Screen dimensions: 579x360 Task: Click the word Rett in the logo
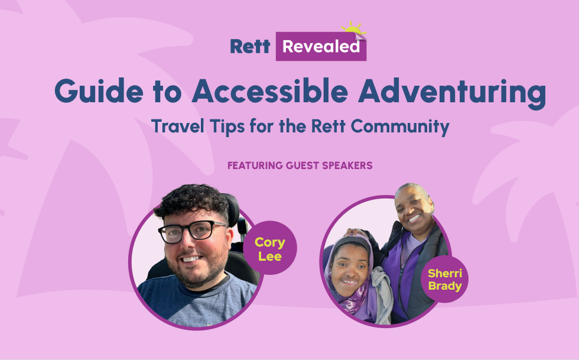coord(250,47)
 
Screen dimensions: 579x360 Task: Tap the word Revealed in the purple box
coord(321,47)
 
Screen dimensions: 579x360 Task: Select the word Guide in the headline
coord(99,91)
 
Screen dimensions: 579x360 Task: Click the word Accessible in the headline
coord(270,91)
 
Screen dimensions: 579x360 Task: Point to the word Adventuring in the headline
coord(452,93)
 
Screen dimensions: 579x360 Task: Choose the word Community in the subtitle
coord(400,127)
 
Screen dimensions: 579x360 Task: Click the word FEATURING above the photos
coord(255,166)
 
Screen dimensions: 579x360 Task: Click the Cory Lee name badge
coord(270,248)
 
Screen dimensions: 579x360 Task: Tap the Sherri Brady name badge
coord(444,279)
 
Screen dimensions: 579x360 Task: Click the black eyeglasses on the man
coord(192,231)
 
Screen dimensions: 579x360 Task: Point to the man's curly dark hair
coord(192,202)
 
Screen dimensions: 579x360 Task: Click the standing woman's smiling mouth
coord(414,219)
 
